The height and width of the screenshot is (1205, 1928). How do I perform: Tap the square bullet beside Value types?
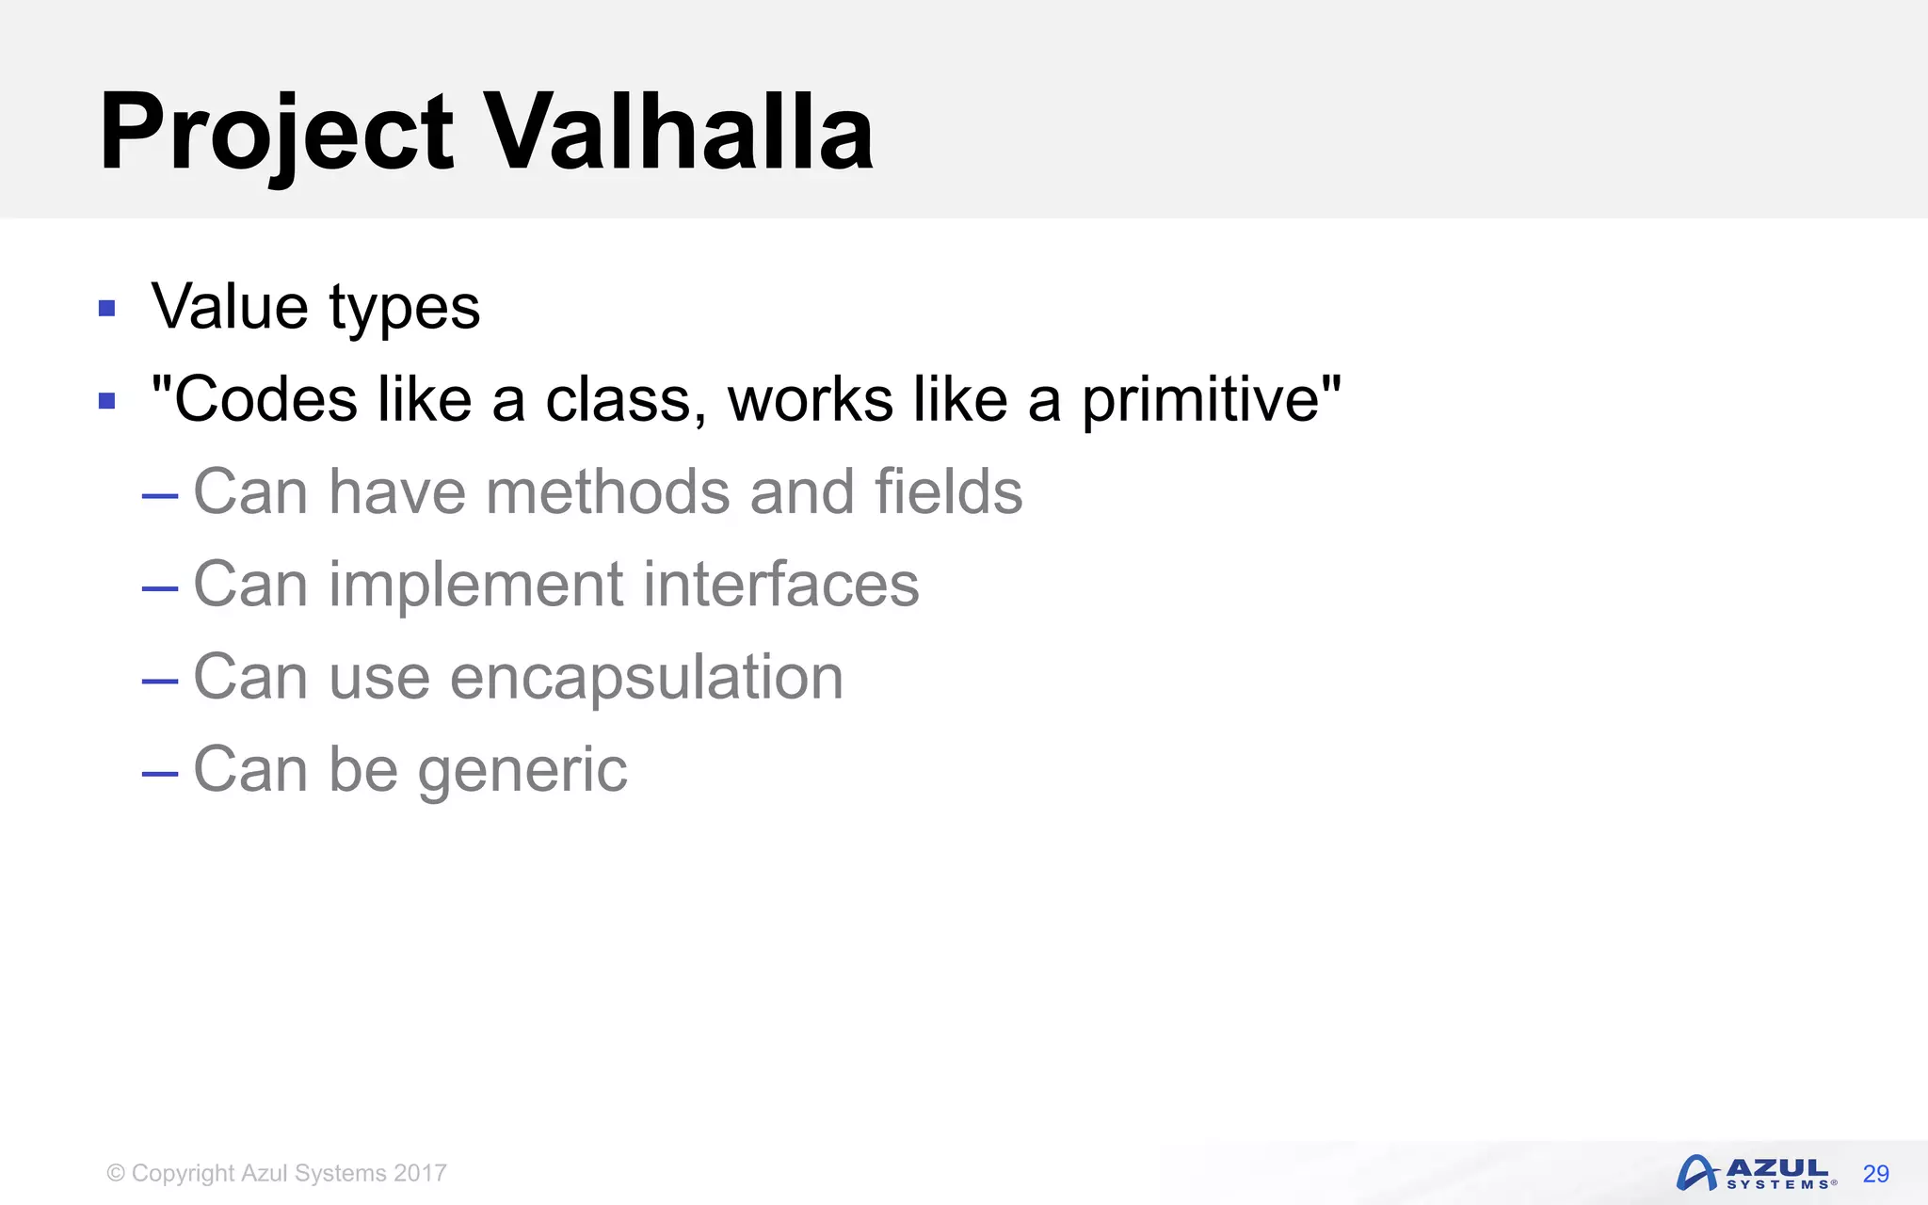106,309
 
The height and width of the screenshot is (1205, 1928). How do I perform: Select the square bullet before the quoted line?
106,401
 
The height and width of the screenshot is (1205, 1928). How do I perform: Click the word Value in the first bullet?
230,307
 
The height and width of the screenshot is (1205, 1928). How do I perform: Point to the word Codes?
265,399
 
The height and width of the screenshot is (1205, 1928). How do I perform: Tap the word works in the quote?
810,399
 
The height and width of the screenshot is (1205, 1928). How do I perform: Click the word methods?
607,491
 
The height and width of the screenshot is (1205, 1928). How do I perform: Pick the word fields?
948,491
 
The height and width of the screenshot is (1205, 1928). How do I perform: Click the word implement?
475,586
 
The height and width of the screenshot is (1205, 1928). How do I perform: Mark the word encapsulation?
647,678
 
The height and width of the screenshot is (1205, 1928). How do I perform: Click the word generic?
522,770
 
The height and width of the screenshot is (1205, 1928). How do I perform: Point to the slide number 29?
1875,1174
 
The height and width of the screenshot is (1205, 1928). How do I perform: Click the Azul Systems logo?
1756,1173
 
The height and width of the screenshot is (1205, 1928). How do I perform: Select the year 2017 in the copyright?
420,1173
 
